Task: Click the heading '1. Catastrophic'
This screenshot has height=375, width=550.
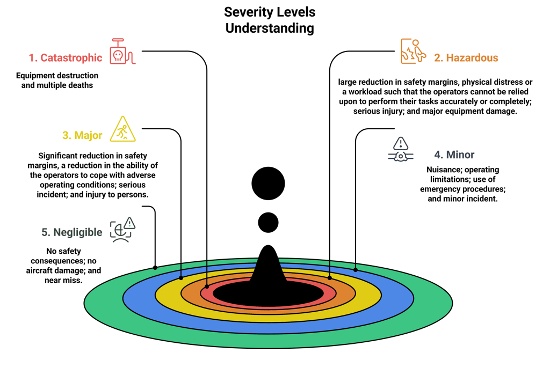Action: tap(65, 58)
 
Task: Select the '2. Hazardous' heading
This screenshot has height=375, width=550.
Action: tap(466, 58)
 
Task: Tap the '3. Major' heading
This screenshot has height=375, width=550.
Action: tap(82, 135)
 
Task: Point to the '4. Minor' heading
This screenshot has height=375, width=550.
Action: tap(454, 155)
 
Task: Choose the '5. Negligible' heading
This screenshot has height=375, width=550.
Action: tap(71, 232)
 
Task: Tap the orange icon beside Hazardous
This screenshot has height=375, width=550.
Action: tap(413, 52)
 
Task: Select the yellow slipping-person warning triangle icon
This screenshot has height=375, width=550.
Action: tap(123, 130)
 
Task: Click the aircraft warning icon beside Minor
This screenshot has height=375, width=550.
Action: tap(401, 150)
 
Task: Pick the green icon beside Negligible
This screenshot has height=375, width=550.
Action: tap(122, 230)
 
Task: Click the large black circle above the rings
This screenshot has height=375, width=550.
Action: tap(268, 183)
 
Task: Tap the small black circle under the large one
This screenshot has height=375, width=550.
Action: tap(268, 222)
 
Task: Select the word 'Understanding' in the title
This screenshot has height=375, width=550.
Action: tap(270, 28)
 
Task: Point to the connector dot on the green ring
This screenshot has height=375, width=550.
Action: tap(155, 267)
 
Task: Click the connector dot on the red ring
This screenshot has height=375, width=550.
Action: tap(207, 286)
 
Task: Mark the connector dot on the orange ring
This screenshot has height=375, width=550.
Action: tap(330, 278)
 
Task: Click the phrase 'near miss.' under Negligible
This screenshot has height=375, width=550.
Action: tap(63, 281)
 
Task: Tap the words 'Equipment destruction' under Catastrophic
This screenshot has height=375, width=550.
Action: tap(57, 76)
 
